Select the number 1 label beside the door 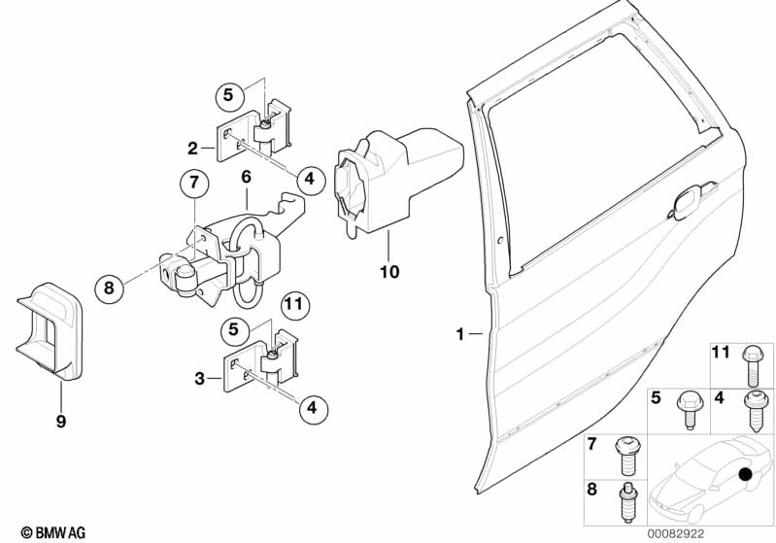click(x=460, y=334)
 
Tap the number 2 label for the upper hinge click(x=193, y=149)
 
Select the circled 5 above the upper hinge click(x=228, y=95)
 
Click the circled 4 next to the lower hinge click(x=311, y=410)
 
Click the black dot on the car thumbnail click(x=745, y=475)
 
